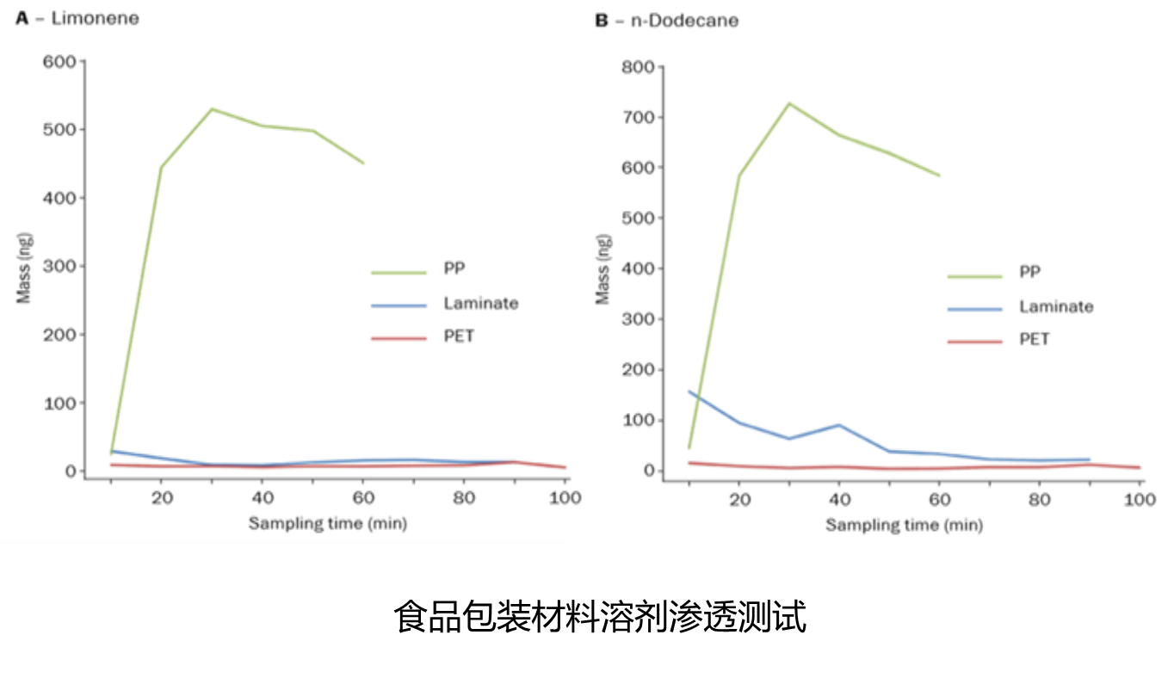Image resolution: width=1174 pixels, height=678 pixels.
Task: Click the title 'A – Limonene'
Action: [77, 18]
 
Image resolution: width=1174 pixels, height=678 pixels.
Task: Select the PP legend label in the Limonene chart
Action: [454, 268]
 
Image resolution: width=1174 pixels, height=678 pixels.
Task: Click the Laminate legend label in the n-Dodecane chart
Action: [1056, 306]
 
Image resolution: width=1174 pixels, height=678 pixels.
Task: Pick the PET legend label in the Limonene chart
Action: [459, 336]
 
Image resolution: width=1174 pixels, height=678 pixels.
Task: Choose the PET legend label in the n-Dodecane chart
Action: [1035, 339]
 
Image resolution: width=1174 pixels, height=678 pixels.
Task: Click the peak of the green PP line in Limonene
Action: [212, 109]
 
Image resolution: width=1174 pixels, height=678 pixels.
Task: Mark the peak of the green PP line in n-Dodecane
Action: [789, 103]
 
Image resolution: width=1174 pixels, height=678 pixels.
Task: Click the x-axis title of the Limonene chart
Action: [328, 522]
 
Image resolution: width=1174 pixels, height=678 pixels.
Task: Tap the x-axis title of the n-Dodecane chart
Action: [905, 524]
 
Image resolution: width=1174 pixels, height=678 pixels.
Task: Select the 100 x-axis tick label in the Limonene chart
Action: [565, 497]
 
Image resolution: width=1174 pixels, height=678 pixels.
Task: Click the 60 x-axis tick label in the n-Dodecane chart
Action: [939, 498]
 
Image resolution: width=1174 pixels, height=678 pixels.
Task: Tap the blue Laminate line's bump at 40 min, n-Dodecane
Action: [838, 425]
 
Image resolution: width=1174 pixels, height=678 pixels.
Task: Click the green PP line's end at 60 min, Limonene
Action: [363, 163]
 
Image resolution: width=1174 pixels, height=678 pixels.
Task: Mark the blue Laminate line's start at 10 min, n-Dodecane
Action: [689, 391]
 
